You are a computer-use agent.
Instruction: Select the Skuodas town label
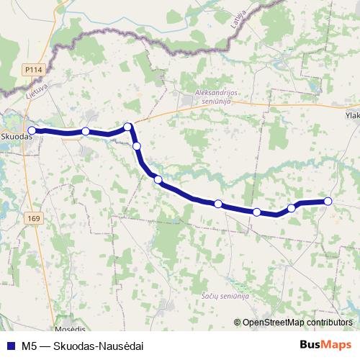(16, 135)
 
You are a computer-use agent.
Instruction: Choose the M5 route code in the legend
(30, 344)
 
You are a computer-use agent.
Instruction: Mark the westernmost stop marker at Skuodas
(32, 130)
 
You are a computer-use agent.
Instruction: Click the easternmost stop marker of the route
(328, 201)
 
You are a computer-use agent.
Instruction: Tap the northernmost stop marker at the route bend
(128, 127)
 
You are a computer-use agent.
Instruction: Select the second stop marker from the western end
(86, 131)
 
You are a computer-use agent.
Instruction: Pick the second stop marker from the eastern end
(292, 207)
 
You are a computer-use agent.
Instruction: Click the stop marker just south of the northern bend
(137, 146)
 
